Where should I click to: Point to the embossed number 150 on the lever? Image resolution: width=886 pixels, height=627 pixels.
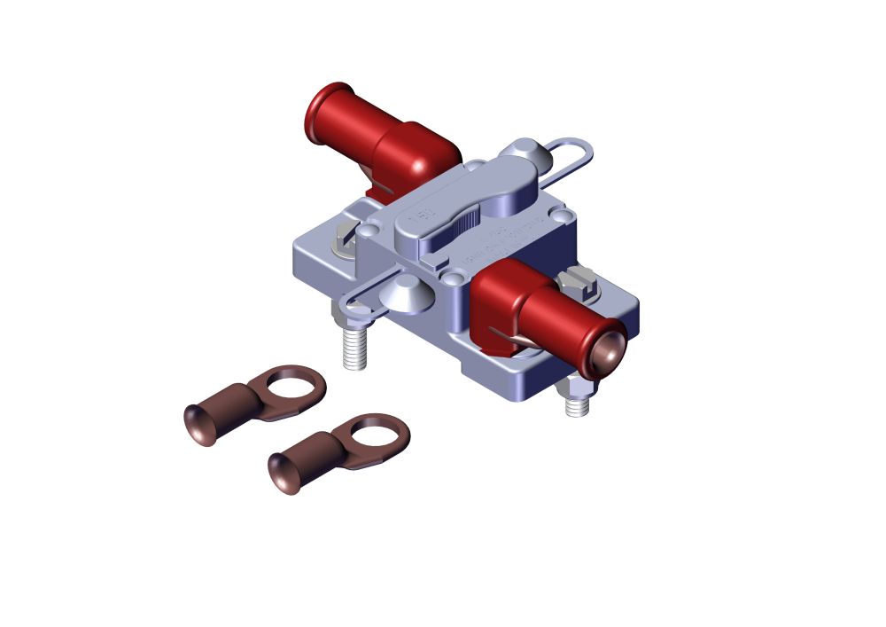419,216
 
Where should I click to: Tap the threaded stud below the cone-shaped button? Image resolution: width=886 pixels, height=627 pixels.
354,348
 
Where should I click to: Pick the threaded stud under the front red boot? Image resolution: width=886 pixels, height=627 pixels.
578,404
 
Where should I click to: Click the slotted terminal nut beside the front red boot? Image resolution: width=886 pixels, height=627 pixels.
580,281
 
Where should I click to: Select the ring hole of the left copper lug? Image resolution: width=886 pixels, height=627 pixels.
291,387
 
